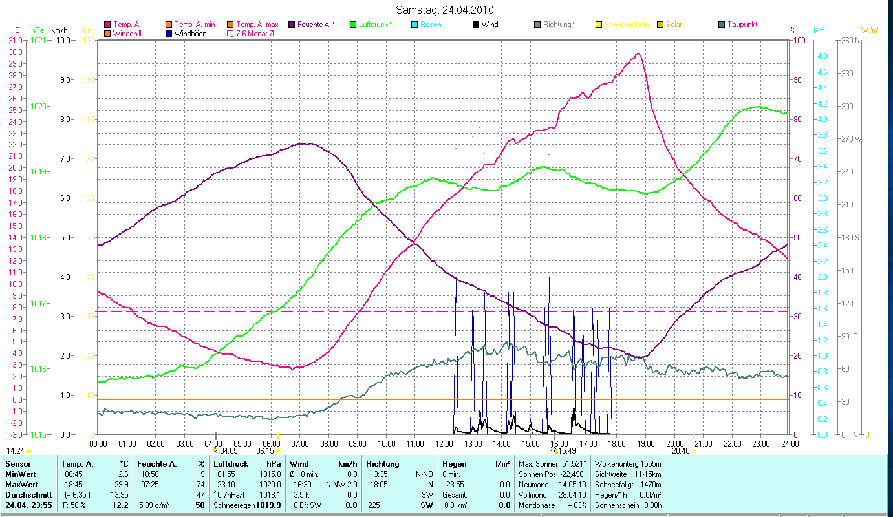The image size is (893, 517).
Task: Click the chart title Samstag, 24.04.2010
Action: tap(446, 10)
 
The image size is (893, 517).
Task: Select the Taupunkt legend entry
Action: tap(742, 25)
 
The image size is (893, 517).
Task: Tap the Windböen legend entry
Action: tap(190, 34)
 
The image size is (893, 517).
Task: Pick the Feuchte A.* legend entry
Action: tap(316, 25)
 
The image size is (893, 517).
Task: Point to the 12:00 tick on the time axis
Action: tap(444, 444)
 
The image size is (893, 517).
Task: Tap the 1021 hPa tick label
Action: tap(38, 41)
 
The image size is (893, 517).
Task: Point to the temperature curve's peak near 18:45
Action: tap(638, 54)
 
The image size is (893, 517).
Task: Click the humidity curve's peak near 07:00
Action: tap(308, 143)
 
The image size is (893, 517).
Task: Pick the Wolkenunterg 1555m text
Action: tap(628, 464)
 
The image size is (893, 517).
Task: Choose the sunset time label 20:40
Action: tap(680, 451)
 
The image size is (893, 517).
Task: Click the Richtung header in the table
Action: tap(383, 464)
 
